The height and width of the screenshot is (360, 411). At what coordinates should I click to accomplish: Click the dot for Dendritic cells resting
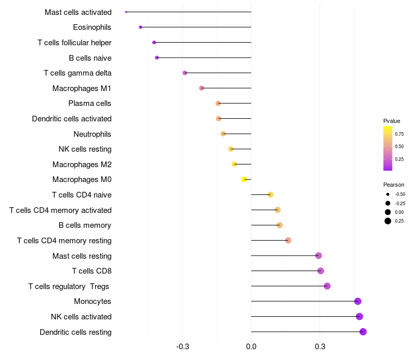pos(363,332)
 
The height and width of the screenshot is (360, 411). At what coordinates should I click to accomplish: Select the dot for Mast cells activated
pos(126,12)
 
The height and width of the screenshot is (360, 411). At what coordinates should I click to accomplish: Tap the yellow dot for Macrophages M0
pos(245,179)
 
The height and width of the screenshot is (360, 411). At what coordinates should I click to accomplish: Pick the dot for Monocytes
pos(358,301)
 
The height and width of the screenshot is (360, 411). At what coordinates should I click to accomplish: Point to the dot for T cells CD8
pos(321,271)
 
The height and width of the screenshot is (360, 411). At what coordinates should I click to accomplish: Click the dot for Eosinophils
pos(140,27)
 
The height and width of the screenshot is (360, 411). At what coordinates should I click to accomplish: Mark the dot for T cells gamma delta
pos(185,73)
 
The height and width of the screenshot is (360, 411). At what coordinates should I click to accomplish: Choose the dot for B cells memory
pos(279,225)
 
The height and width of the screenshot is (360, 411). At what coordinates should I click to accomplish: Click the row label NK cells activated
pos(81,317)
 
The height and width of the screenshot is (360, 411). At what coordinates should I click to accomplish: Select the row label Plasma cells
pos(90,103)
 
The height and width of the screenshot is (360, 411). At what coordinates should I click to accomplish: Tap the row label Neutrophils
pos(92,134)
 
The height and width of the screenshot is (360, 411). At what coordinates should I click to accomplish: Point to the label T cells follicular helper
pos(74,43)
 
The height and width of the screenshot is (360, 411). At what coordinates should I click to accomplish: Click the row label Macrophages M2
pos(82,165)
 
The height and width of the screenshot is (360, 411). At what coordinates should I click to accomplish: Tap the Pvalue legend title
pos(391,121)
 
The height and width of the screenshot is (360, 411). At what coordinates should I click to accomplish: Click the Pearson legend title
pos(394,185)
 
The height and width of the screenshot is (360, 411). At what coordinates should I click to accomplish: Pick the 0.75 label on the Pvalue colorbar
pos(399,134)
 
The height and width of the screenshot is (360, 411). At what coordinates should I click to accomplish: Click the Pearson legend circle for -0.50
pos(388,194)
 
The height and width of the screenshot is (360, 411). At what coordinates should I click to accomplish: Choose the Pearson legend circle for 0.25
pos(388,221)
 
